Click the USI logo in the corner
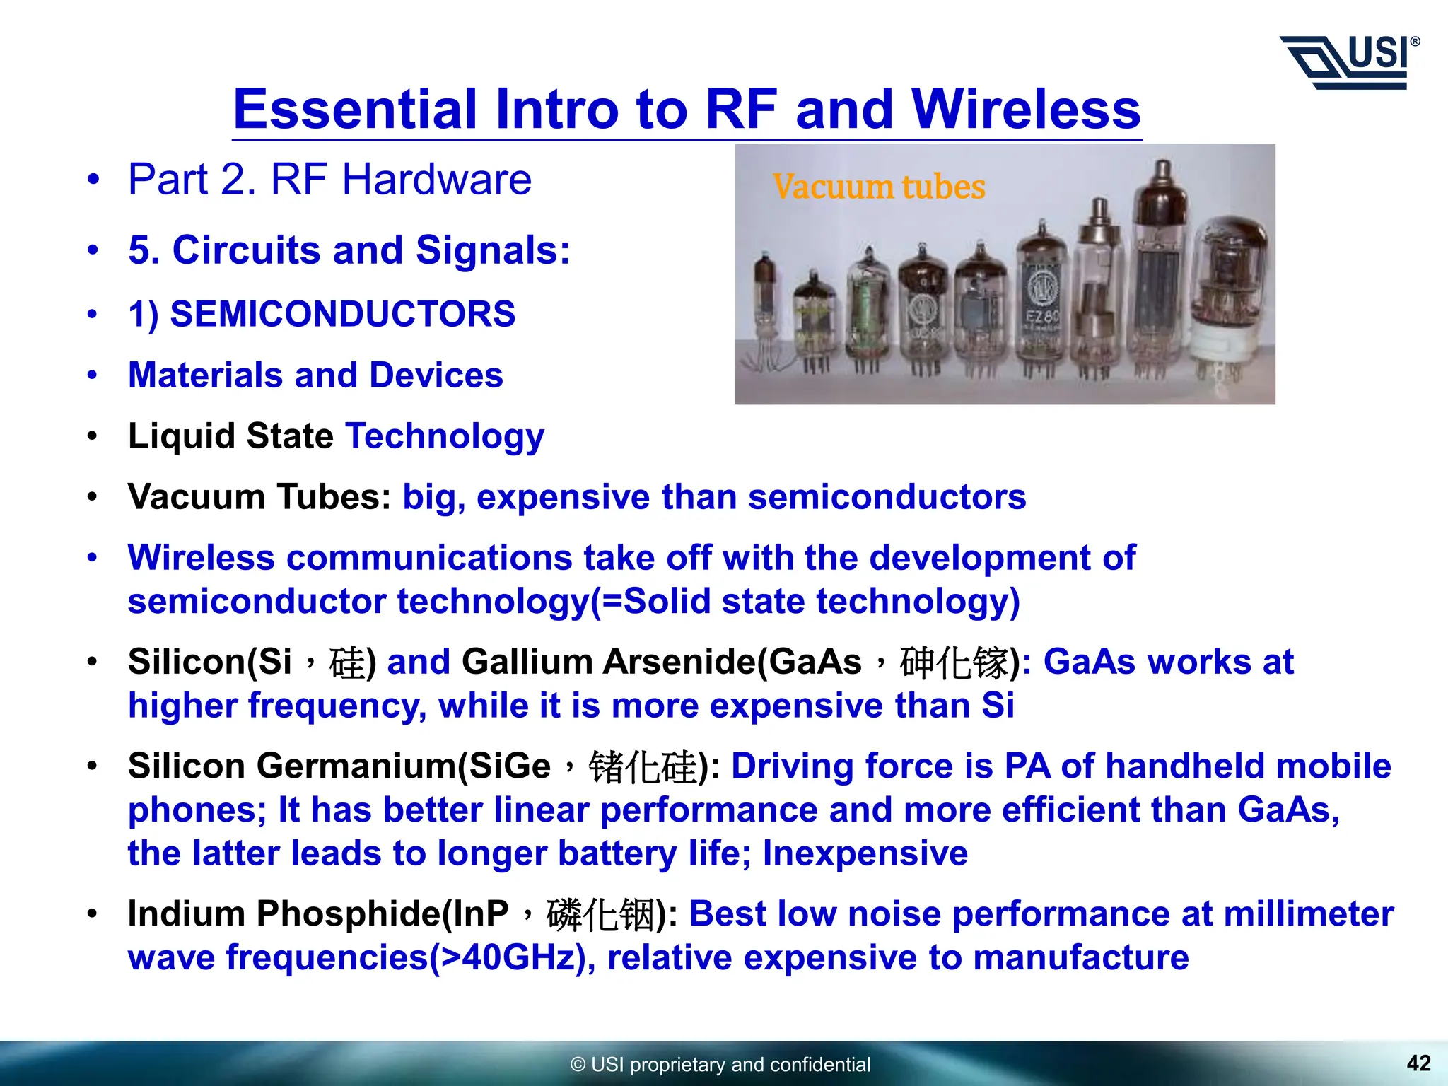1349,63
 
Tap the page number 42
1418,1063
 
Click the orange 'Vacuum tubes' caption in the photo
878,187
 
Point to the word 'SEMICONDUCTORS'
343,314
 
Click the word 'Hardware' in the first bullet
436,180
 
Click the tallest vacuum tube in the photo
1157,269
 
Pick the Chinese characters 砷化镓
954,663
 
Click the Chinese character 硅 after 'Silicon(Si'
347,663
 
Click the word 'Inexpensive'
865,853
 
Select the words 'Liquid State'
230,436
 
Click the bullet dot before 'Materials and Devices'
93,375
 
